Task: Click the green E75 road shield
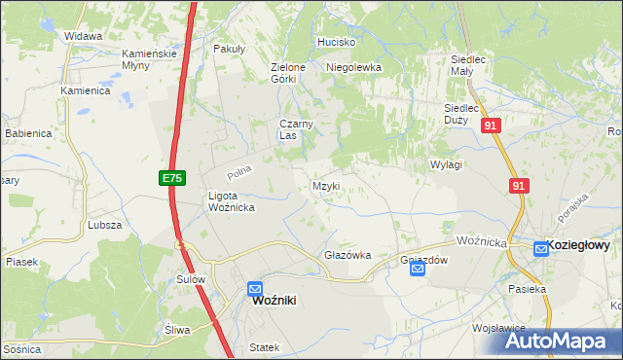[171, 178]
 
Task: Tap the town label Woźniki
[274, 301]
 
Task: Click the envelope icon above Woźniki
[254, 288]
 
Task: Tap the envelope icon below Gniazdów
[417, 270]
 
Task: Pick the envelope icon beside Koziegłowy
[540, 249]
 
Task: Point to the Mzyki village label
[325, 186]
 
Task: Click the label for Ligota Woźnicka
[232, 201]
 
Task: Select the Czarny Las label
[295, 129]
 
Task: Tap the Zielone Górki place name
[288, 73]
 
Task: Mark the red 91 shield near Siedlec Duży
[491, 126]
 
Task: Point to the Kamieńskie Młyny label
[149, 59]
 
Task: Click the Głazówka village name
[348, 255]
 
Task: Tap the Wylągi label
[446, 164]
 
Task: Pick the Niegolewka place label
[354, 67]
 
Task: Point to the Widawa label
[84, 36]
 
